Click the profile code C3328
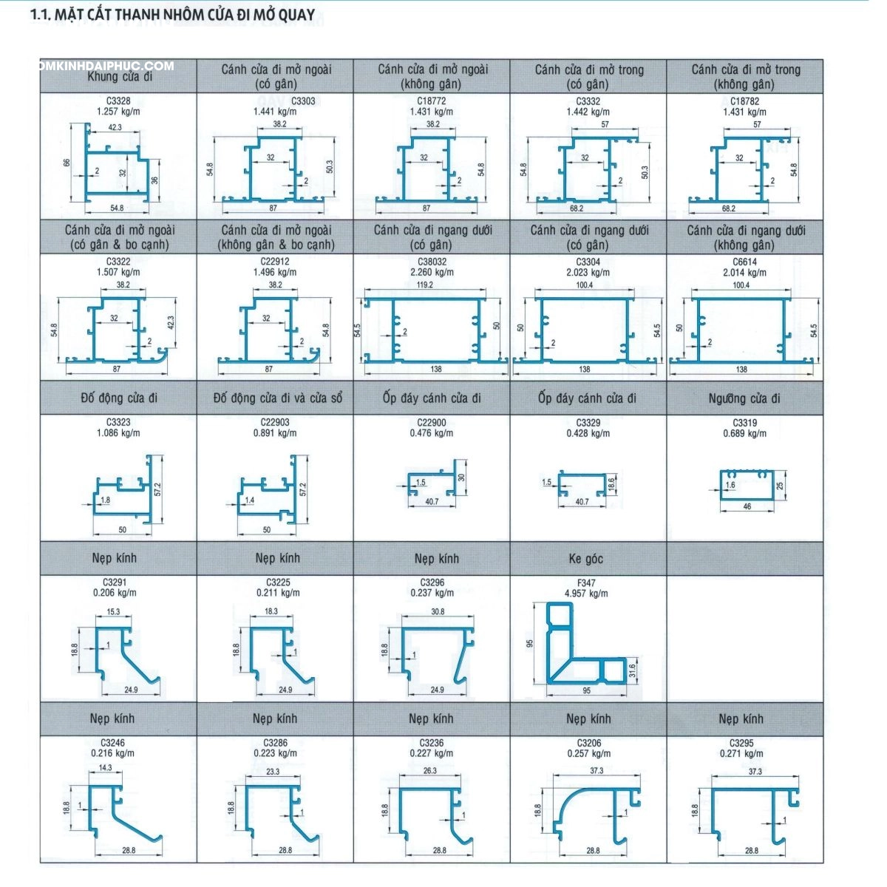click(x=118, y=101)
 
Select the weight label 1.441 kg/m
click(x=275, y=112)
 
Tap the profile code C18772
click(x=432, y=101)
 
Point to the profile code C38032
click(x=432, y=262)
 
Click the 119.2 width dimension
click(x=425, y=285)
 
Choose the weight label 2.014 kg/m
click(x=744, y=273)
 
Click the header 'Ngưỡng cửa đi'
click(x=744, y=398)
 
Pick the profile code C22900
click(x=432, y=423)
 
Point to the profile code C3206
click(x=589, y=743)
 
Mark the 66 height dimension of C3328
click(x=67, y=163)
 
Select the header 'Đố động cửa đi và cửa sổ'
click(x=278, y=398)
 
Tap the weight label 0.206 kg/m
click(x=115, y=593)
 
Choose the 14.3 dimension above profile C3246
click(x=105, y=768)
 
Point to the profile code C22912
click(x=275, y=262)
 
